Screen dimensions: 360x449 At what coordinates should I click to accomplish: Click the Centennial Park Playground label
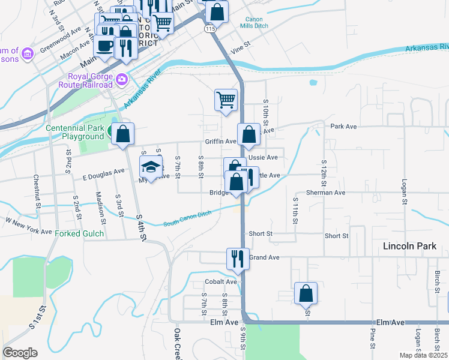click(x=76, y=132)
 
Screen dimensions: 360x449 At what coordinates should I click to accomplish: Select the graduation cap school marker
click(x=151, y=167)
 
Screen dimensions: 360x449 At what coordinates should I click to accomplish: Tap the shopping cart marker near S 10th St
click(x=226, y=100)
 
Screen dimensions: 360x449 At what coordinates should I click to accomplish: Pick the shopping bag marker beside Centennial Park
click(x=122, y=135)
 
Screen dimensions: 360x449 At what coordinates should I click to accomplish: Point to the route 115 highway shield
click(x=209, y=29)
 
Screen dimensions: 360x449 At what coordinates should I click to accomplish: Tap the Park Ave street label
click(x=343, y=127)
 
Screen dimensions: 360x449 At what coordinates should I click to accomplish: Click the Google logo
click(x=20, y=353)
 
